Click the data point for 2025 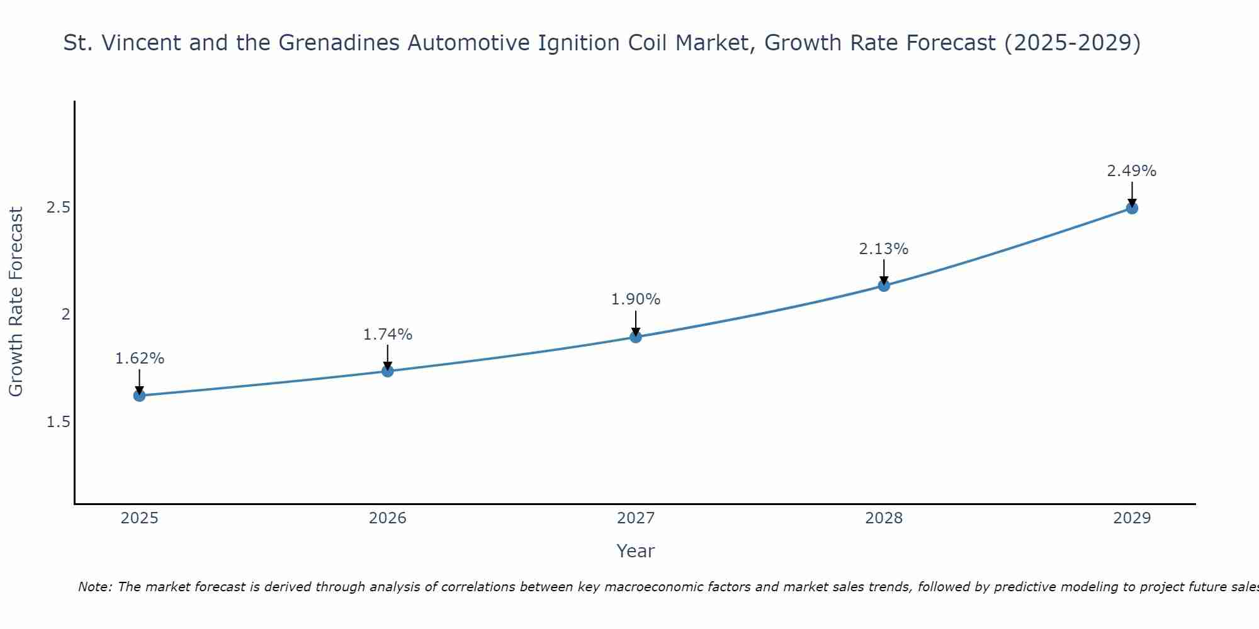tap(139, 396)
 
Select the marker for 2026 tap(388, 371)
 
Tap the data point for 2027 tap(636, 337)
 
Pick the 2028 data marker tap(884, 286)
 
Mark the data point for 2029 tap(1132, 208)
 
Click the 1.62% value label tap(139, 359)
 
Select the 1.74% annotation tap(388, 335)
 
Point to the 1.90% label tap(636, 299)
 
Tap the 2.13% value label tap(884, 249)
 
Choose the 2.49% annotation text tap(1132, 171)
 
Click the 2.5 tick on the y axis tap(58, 208)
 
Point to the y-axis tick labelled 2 tap(65, 314)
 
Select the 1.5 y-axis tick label tap(58, 421)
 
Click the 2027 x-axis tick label tap(636, 518)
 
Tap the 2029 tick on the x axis tap(1132, 518)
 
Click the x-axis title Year tap(636, 551)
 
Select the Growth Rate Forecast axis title tap(16, 302)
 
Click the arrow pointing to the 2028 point tap(884, 272)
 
